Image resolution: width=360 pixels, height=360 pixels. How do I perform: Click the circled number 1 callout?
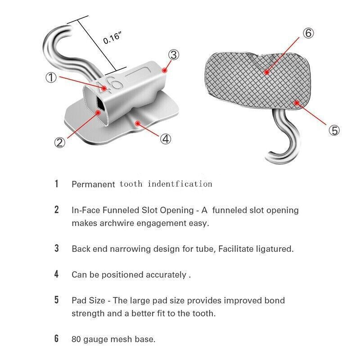tap(51, 77)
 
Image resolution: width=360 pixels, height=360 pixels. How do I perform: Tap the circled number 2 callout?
tap(60, 142)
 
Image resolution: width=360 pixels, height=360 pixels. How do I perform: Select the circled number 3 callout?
tap(174, 55)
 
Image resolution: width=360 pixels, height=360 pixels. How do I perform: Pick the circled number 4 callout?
tap(166, 139)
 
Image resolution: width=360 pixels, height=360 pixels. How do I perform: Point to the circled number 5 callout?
tap(334, 130)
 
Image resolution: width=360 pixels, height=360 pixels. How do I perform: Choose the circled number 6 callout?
tap(308, 33)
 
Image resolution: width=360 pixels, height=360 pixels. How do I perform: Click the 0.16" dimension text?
tap(112, 38)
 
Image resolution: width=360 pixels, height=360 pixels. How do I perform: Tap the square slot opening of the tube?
tap(100, 104)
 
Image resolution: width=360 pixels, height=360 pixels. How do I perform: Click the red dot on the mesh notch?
tap(266, 72)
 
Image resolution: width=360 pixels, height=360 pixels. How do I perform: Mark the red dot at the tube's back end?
tap(164, 70)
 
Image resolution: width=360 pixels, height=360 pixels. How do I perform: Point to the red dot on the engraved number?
tap(104, 88)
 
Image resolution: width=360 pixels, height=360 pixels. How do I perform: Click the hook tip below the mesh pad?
tap(268, 157)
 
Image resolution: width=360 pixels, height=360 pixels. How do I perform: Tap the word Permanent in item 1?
tap(94, 184)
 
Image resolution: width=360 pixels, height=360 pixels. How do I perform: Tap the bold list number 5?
tap(57, 300)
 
